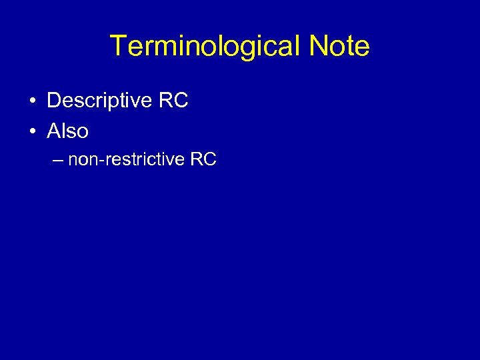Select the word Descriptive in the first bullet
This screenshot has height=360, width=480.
point(100,101)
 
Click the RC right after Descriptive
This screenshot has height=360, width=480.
point(173,101)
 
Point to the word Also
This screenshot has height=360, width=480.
point(67,131)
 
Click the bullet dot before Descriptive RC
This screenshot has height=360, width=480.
point(32,101)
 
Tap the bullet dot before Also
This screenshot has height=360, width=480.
point(32,131)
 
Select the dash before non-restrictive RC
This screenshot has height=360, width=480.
point(57,160)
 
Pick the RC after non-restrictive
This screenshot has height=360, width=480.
point(203,160)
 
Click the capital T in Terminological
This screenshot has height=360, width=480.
point(119,47)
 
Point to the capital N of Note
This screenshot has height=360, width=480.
point(318,47)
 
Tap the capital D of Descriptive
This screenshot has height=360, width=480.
point(53,101)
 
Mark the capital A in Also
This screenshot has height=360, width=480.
point(53,131)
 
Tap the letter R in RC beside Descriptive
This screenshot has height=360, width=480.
point(166,101)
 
